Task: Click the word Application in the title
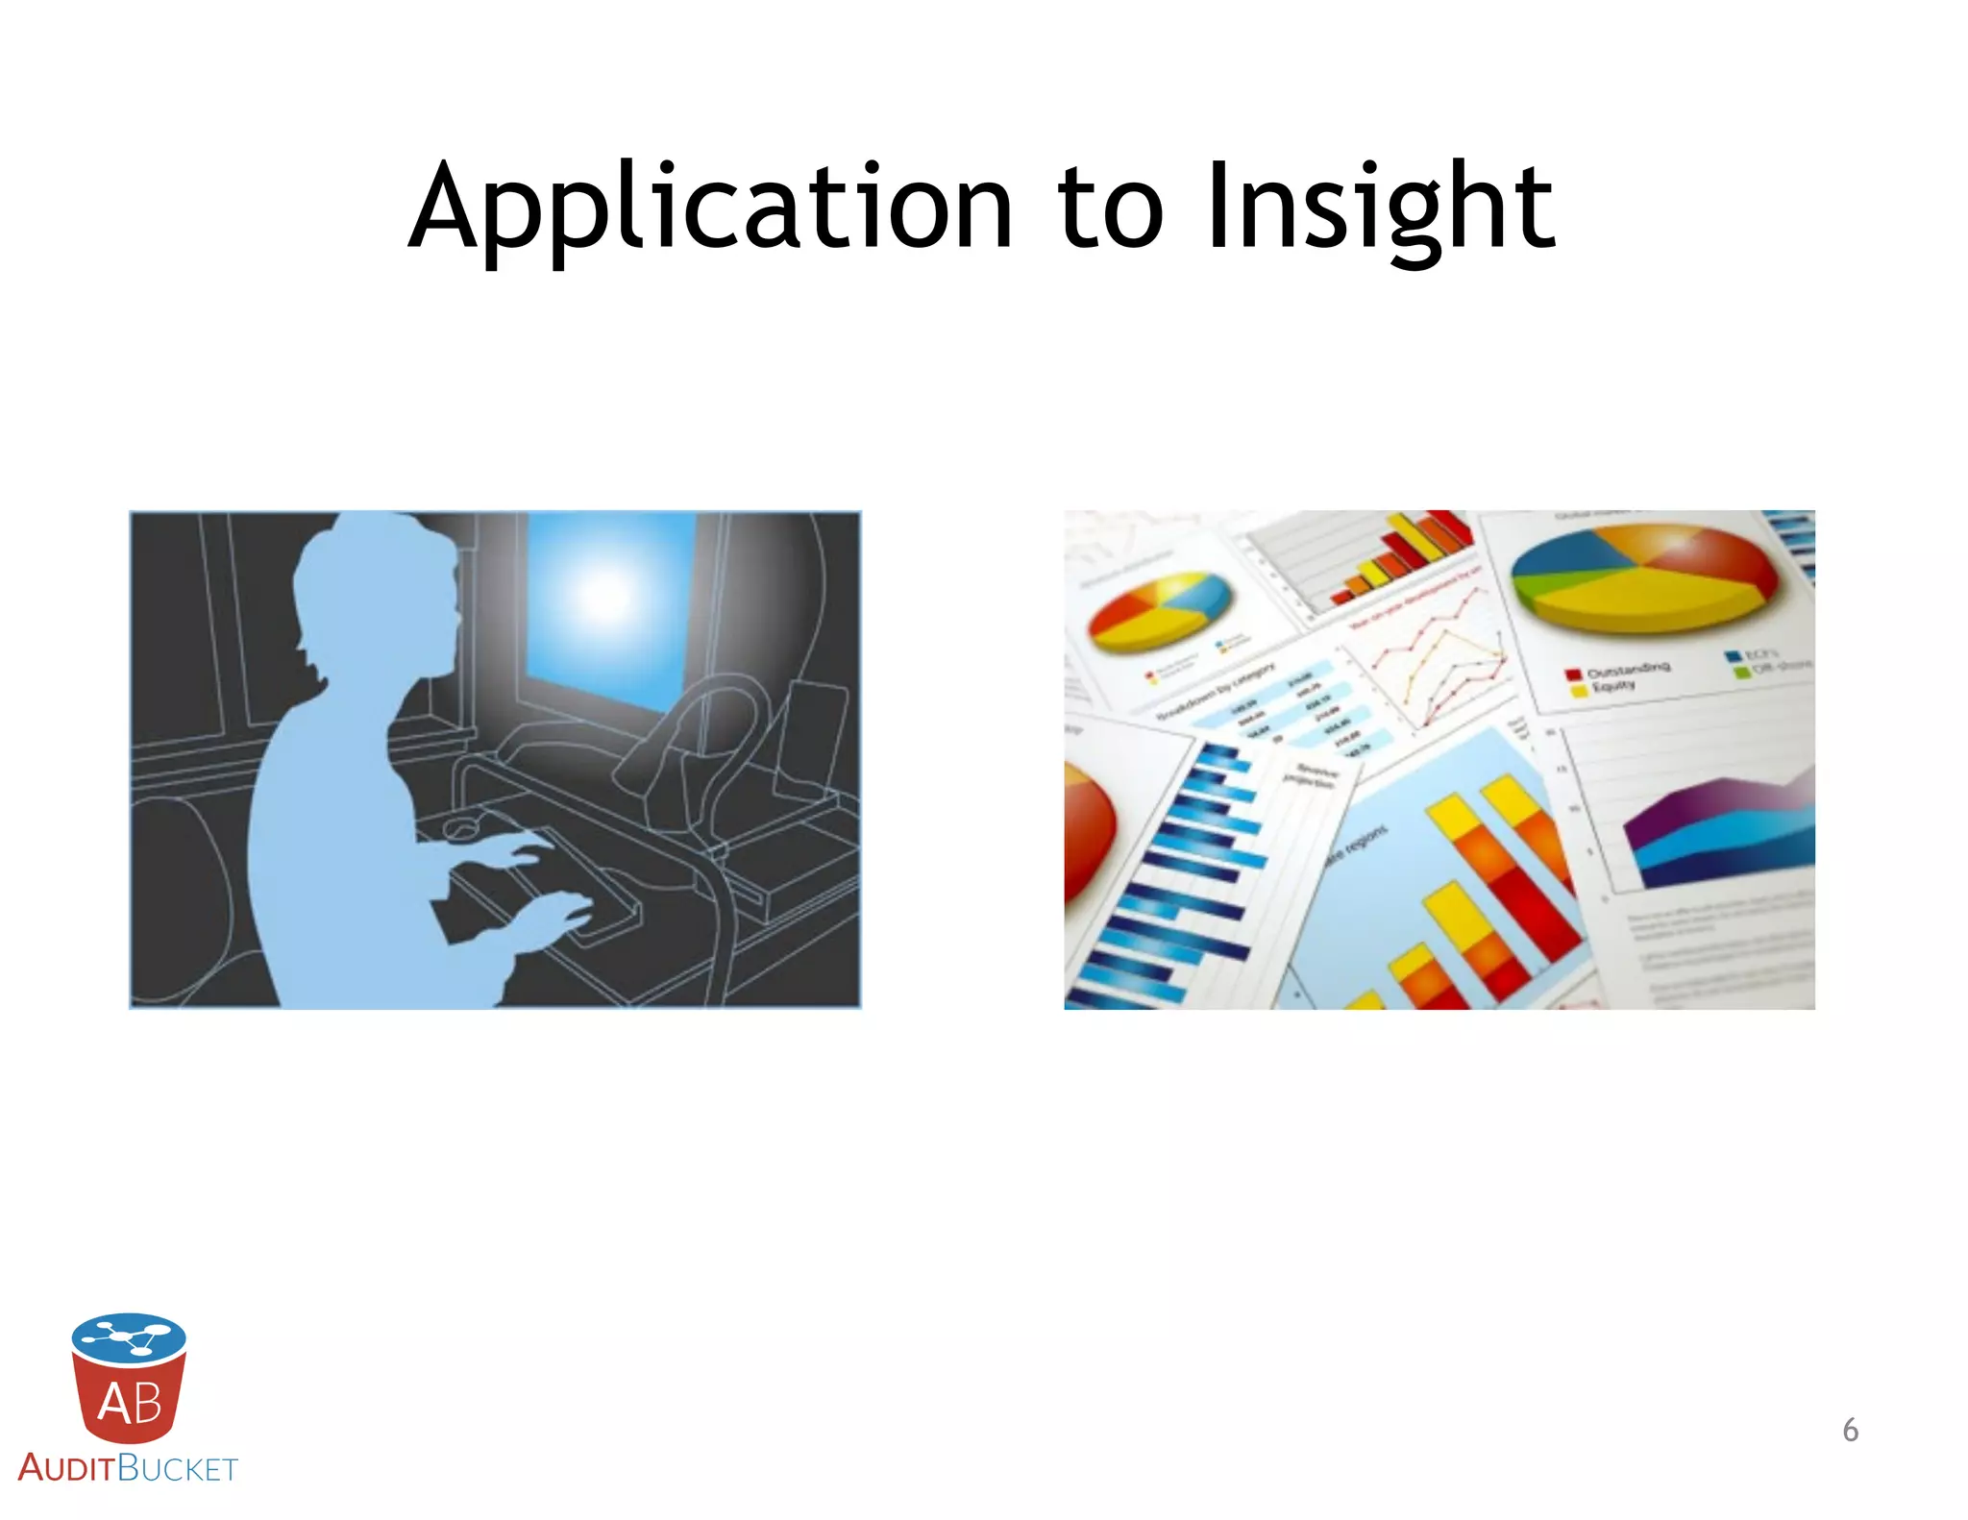pyautogui.click(x=711, y=207)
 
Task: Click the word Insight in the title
pyautogui.click(x=1380, y=207)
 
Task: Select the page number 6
pyautogui.click(x=1850, y=1430)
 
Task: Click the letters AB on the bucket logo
pyautogui.click(x=129, y=1403)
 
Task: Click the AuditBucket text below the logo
pyautogui.click(x=127, y=1468)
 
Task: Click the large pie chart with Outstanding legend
pyautogui.click(x=1643, y=576)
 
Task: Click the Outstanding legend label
pyautogui.click(x=1628, y=670)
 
